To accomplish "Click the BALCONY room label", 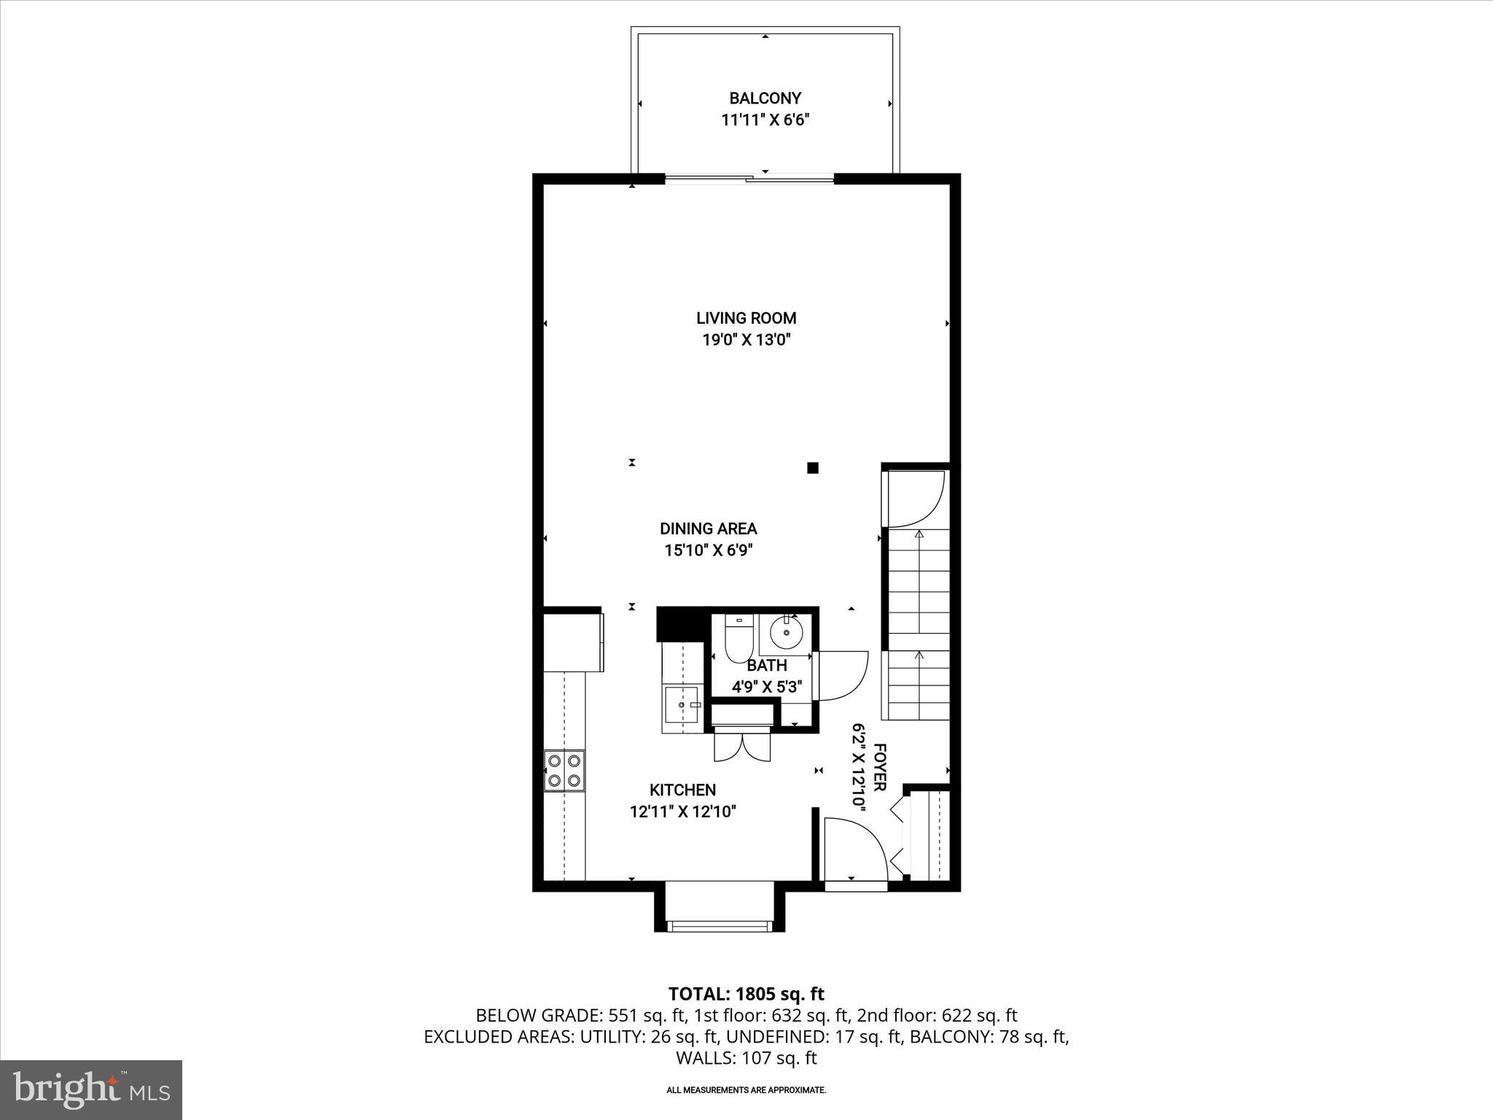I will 765,98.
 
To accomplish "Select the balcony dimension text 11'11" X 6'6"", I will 765,120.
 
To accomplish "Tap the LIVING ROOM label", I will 746,318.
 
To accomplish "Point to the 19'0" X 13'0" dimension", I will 746,340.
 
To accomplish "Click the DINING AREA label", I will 708,529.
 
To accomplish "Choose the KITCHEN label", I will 682,790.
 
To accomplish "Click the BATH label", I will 767,665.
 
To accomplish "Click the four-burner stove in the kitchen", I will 564,771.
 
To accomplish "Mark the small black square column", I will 813,468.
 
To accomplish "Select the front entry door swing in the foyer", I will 854,849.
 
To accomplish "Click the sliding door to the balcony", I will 749,177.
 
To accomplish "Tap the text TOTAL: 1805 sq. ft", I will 746,994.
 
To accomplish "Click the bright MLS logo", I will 91,1089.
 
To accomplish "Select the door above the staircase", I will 914,499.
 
